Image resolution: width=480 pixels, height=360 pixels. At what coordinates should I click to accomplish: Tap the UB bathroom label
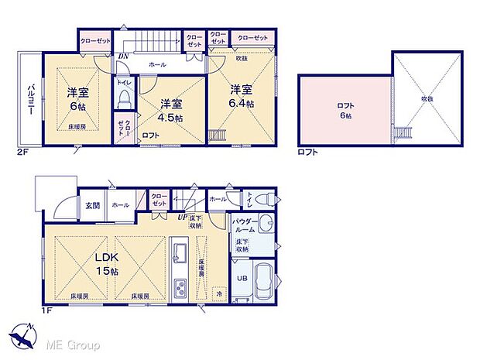click(x=242, y=278)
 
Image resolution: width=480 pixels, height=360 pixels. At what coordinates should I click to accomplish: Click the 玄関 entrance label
click(x=93, y=205)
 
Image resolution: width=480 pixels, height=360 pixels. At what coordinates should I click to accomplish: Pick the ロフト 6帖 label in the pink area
click(x=345, y=111)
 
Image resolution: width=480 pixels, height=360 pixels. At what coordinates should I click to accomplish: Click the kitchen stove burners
click(x=180, y=288)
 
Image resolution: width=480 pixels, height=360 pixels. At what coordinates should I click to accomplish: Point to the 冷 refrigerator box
click(x=218, y=293)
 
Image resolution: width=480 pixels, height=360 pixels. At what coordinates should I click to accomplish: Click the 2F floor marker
click(x=21, y=153)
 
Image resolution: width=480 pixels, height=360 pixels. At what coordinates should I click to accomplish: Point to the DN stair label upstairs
click(x=122, y=56)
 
